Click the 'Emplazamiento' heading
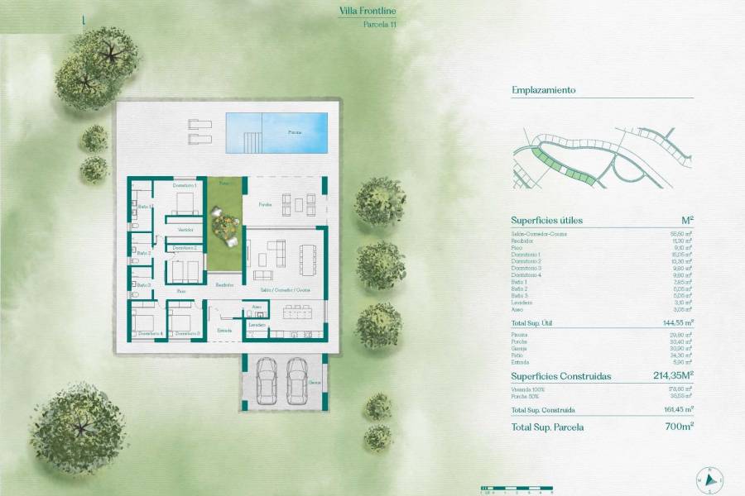[543, 90]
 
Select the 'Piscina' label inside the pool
[295, 132]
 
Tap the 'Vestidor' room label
[185, 229]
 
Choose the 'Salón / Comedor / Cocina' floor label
[285, 290]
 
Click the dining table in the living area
[310, 262]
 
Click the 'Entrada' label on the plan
[224, 330]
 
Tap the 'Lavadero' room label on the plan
[257, 325]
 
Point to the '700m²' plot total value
[678, 427]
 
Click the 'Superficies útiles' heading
[547, 221]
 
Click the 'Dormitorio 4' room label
[150, 333]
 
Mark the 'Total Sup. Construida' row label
[543, 410]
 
